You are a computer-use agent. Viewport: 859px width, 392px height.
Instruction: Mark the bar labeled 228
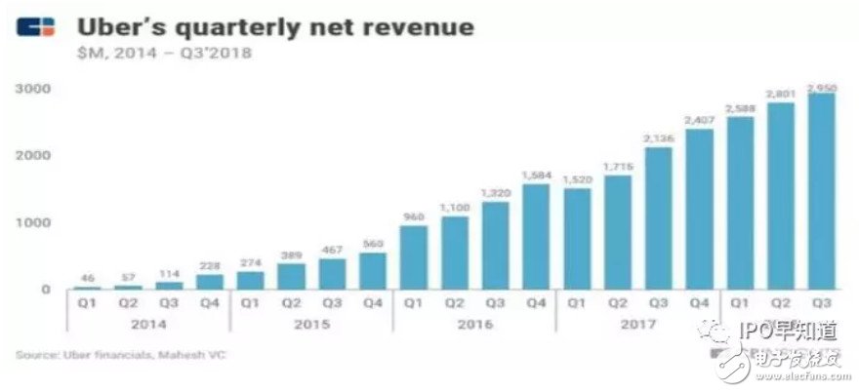click(x=210, y=282)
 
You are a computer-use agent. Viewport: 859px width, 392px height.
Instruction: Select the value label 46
click(x=87, y=279)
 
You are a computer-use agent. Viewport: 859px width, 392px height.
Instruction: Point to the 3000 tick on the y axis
click(x=33, y=90)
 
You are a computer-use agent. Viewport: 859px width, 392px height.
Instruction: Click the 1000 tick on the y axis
click(x=33, y=223)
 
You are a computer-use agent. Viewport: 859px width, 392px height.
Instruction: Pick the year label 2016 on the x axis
click(x=475, y=325)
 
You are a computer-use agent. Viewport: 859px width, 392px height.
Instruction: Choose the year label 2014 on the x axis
click(x=147, y=325)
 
